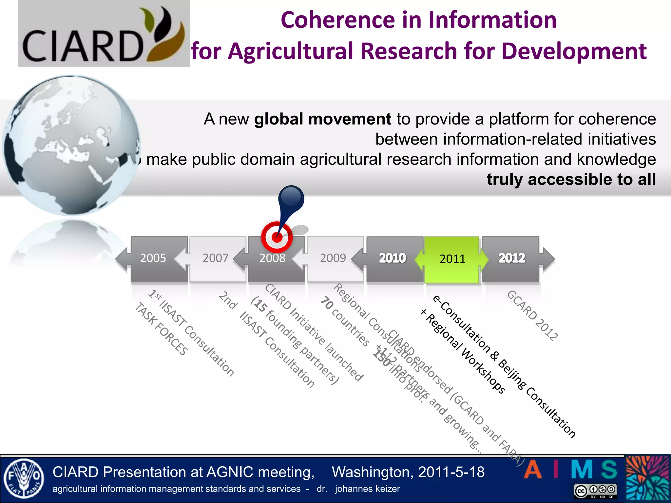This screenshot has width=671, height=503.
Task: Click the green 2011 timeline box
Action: click(x=452, y=259)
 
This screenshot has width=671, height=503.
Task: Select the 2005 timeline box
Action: click(x=159, y=258)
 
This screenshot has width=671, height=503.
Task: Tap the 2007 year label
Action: click(x=215, y=258)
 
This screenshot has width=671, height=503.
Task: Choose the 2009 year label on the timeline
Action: click(x=333, y=258)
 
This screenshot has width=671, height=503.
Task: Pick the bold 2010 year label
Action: click(x=392, y=258)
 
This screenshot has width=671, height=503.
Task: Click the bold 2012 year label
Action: click(x=511, y=258)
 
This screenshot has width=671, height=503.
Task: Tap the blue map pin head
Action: click(x=291, y=198)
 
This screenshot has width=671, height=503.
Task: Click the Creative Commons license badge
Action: click(x=595, y=491)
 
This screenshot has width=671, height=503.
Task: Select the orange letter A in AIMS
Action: click(x=533, y=470)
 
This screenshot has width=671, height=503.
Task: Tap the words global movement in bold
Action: click(x=322, y=119)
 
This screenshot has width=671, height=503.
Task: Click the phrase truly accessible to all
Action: click(x=571, y=179)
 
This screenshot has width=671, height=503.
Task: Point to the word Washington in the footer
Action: click(x=372, y=472)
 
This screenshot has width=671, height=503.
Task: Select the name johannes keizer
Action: click(x=367, y=489)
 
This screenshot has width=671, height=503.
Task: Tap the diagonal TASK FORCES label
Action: click(x=162, y=329)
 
